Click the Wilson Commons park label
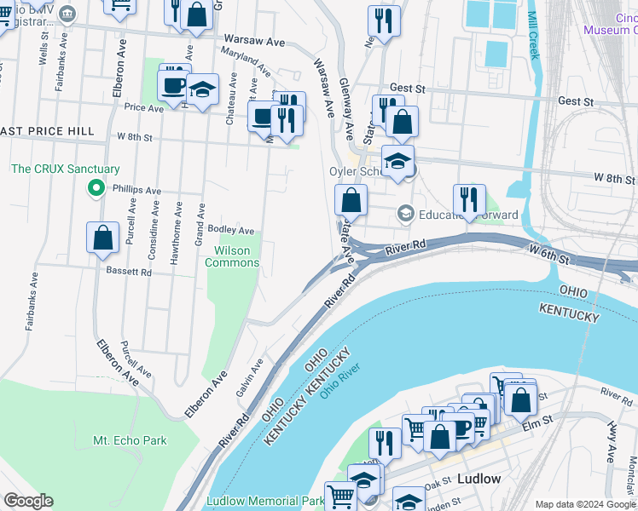(x=232, y=256)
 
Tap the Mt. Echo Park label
(x=130, y=440)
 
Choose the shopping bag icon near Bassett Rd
(x=102, y=238)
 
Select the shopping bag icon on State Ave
(x=351, y=203)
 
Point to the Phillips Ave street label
(x=136, y=191)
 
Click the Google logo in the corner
(x=28, y=501)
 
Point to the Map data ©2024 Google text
(x=584, y=504)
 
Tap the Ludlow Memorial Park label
(x=253, y=502)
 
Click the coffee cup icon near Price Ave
(x=175, y=84)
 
